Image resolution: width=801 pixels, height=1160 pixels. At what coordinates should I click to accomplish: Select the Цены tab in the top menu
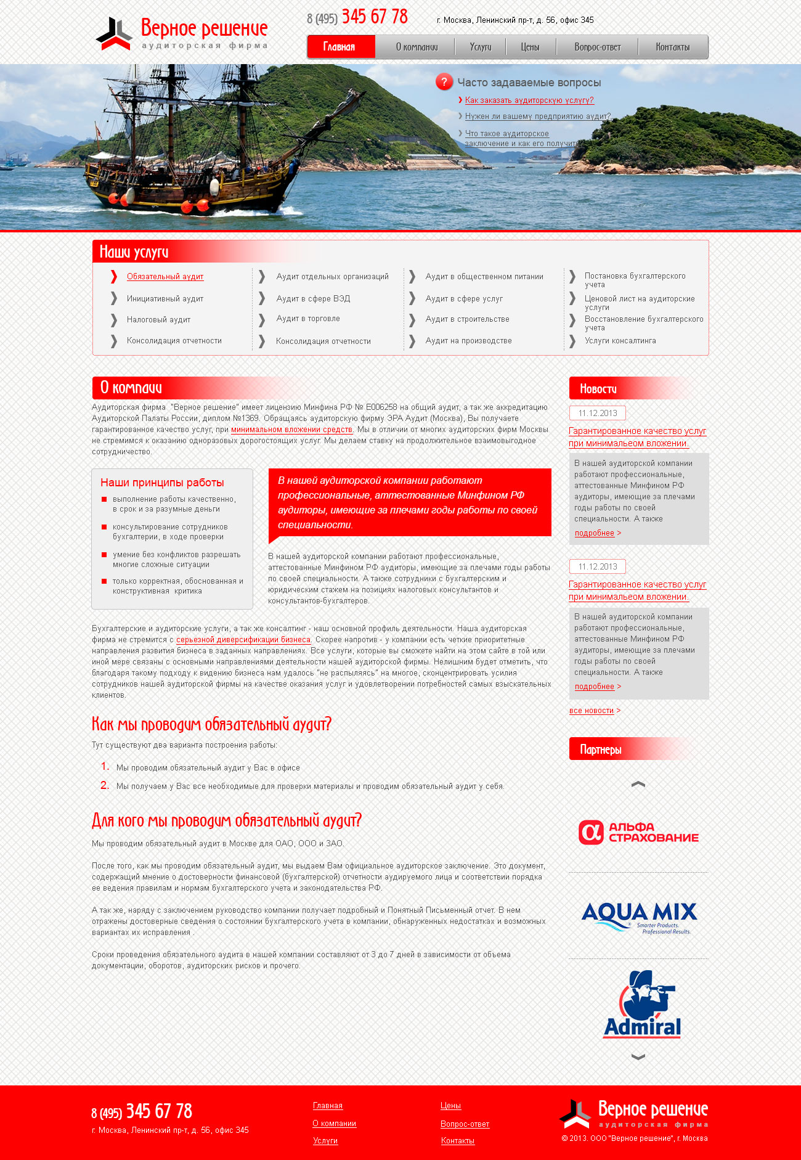point(530,47)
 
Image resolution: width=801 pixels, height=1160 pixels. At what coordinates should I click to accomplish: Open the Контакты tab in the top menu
point(672,47)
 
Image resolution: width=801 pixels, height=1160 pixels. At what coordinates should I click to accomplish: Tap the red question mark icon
point(444,82)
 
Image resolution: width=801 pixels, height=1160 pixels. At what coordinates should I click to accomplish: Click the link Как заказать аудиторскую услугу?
point(529,100)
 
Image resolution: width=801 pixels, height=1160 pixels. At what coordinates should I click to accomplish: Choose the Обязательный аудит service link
point(165,277)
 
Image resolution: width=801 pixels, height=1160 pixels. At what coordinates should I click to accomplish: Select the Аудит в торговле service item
point(308,319)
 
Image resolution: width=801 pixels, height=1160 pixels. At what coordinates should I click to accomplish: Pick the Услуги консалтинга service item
point(620,341)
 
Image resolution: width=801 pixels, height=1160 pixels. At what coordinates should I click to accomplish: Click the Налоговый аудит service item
point(158,320)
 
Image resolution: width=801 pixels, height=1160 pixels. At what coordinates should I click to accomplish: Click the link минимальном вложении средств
point(291,430)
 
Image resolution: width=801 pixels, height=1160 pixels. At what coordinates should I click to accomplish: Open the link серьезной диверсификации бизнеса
point(243,640)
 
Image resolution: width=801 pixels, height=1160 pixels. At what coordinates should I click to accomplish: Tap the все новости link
point(592,711)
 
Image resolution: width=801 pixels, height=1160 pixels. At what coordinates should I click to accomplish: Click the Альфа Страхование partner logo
point(638,832)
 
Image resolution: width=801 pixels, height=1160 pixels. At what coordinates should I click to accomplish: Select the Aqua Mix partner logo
point(638,917)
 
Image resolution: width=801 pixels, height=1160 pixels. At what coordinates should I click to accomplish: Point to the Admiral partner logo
point(641,1005)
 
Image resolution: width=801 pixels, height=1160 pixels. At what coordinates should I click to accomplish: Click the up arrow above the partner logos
point(638,784)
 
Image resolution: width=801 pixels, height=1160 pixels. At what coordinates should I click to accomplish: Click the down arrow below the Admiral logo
point(638,1056)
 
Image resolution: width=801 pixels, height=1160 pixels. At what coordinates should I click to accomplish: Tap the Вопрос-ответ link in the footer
point(465,1124)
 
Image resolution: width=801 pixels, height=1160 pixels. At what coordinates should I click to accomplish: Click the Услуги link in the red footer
point(325,1141)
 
